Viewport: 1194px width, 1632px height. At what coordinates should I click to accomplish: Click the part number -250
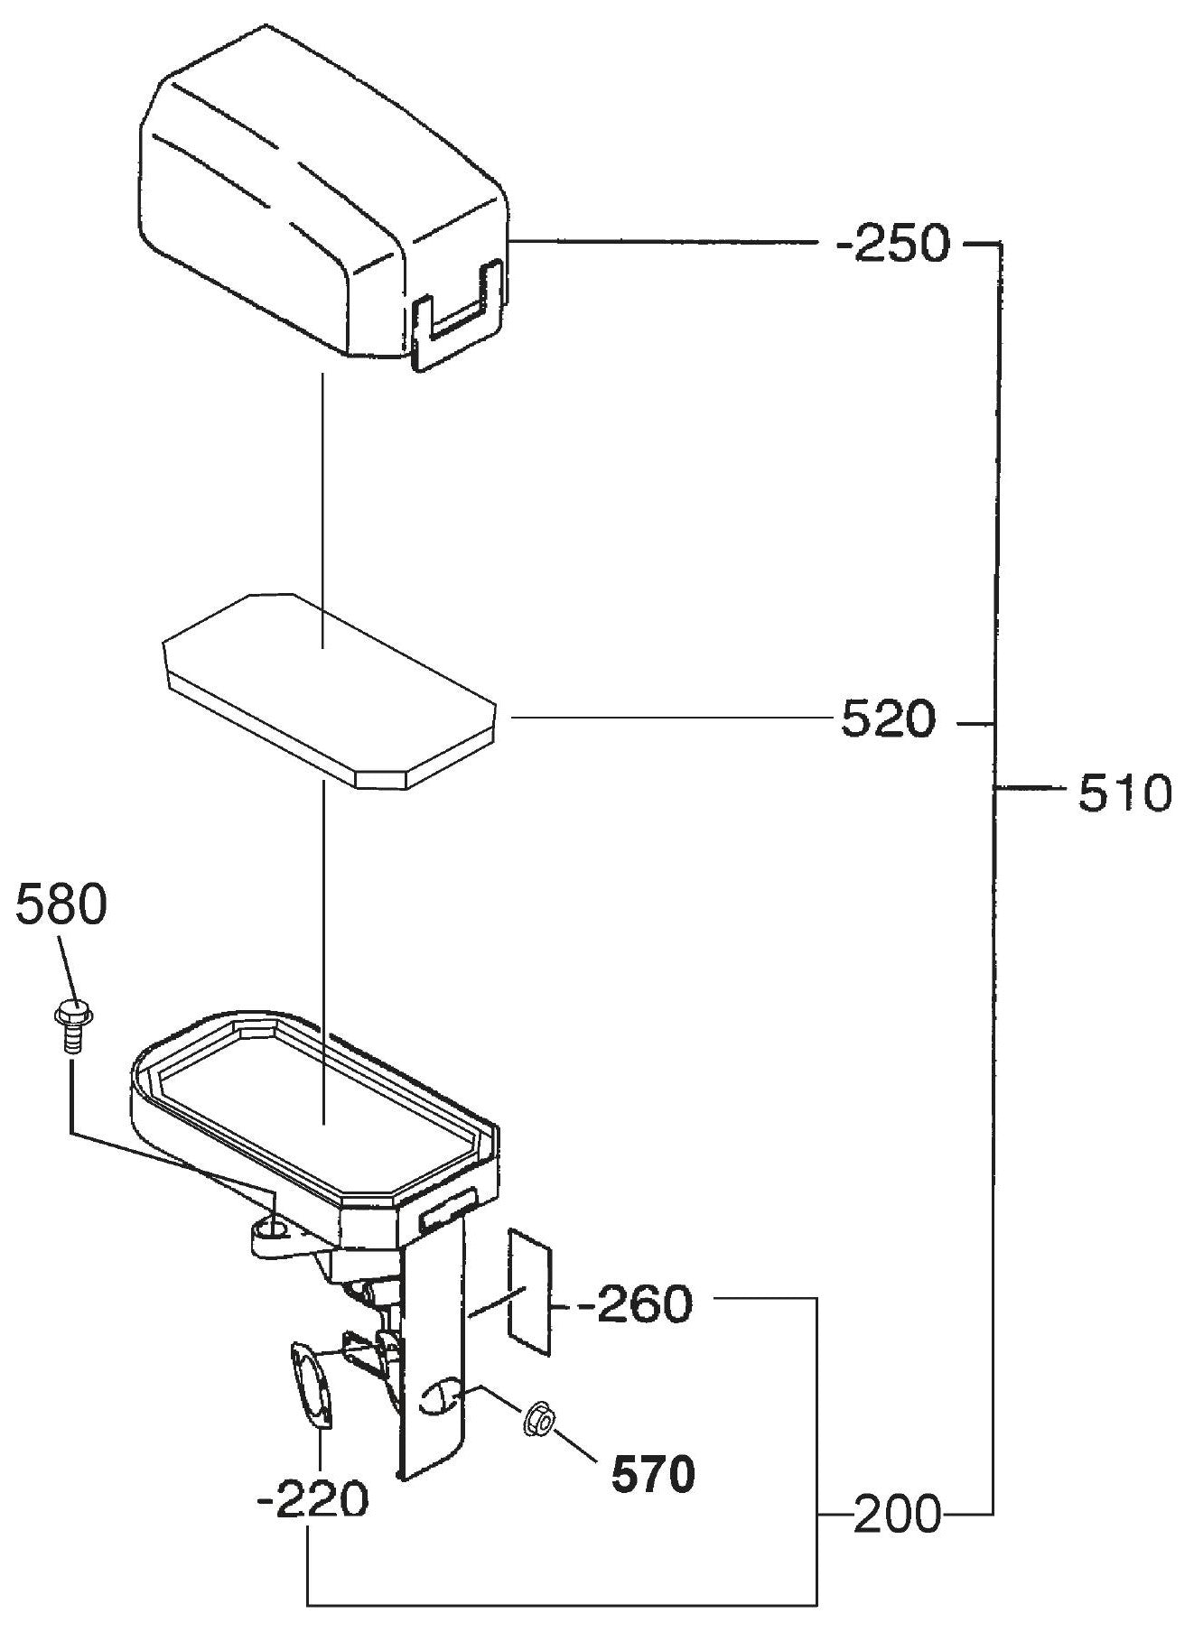pos(893,244)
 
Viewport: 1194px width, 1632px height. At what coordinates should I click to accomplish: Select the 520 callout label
pos(889,719)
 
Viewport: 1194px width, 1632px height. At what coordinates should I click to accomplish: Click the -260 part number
pos(636,1303)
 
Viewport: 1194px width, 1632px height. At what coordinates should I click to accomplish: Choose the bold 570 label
pos(653,1475)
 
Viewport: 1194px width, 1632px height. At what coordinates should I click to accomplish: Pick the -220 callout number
pos(312,1501)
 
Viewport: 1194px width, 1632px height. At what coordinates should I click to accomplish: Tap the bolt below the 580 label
pos(71,1024)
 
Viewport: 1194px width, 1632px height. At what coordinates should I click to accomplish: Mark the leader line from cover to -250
pos(664,241)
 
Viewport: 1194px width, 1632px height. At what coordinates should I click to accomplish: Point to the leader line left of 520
pos(669,718)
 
